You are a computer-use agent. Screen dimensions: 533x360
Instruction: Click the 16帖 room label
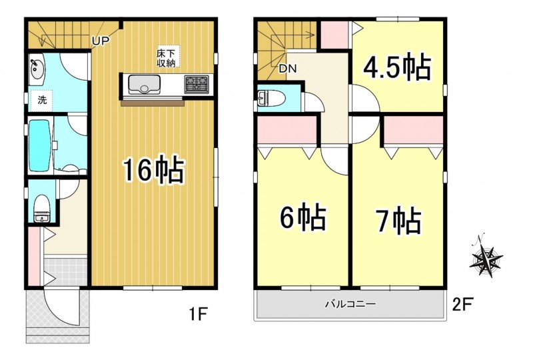[x=153, y=171]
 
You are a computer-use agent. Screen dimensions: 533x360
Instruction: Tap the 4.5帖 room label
[x=397, y=67]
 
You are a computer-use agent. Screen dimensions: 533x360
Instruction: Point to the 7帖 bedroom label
[x=398, y=221]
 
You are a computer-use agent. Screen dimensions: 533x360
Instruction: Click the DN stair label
[x=288, y=69]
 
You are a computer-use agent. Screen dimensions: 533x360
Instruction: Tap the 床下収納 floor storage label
[x=165, y=58]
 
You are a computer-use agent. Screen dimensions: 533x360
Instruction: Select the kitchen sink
[x=144, y=85]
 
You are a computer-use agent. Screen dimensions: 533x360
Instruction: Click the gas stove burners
[x=196, y=84]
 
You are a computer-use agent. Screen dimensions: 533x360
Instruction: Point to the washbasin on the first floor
[x=36, y=69]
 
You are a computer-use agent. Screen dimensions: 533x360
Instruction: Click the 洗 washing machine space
[x=41, y=101]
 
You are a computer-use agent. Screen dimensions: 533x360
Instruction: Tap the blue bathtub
[x=41, y=145]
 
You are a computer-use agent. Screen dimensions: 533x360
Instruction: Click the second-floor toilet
[x=272, y=99]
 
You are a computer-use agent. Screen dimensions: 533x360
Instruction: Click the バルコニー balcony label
[x=350, y=303]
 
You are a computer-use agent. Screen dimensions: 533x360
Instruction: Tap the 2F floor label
[x=462, y=303]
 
